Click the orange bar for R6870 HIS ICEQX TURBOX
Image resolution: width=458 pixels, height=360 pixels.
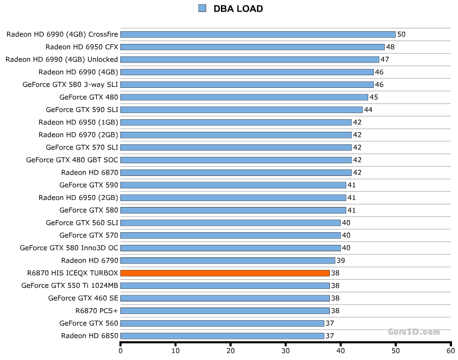pos(225,273)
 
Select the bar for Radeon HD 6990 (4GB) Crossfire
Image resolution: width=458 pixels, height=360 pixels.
pos(258,34)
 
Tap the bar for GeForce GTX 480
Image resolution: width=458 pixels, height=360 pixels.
pos(244,97)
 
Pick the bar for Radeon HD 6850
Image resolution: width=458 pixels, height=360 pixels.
pos(222,336)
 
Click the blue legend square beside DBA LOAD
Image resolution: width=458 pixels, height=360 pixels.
pos(202,8)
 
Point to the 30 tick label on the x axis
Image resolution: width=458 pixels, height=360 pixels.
pos(285,351)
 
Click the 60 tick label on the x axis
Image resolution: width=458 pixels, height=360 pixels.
pos(450,351)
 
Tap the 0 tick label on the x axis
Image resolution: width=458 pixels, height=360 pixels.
pos(121,351)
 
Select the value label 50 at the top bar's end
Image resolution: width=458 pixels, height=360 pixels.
pos(402,34)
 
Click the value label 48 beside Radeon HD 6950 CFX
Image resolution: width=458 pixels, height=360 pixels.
pos(390,47)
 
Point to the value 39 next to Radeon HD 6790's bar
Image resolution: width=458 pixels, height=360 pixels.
pos(341,261)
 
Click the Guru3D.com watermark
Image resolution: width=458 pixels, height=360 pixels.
pos(414,332)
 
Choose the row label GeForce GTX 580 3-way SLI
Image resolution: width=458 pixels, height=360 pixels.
pos(70,84)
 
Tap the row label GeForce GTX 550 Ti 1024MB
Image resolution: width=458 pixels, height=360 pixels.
pos(70,286)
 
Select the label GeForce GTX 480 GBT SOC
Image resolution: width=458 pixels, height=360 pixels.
pos(72,160)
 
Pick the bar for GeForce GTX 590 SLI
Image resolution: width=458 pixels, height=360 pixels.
pos(242,110)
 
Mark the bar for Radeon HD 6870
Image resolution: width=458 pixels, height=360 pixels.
pos(236,173)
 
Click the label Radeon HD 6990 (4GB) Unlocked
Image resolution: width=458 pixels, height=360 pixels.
pos(62,60)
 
